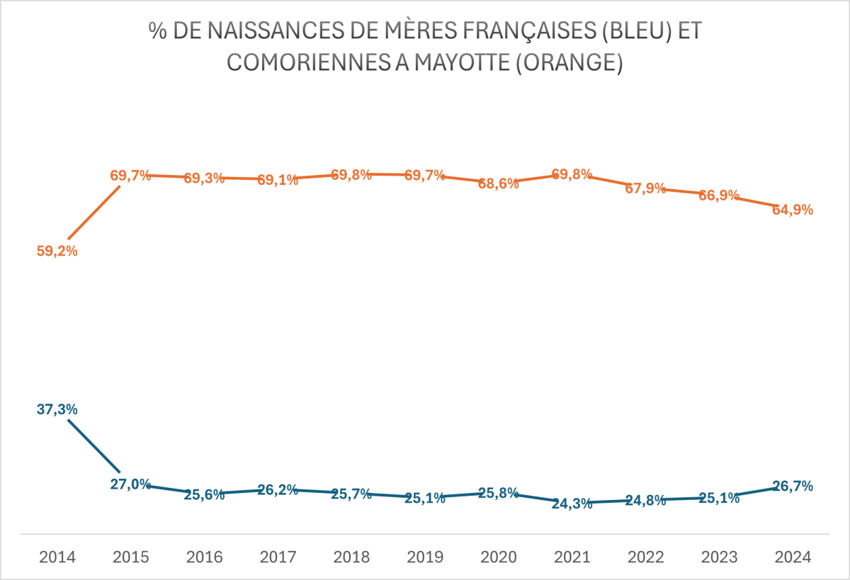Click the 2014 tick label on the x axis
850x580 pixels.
point(57,557)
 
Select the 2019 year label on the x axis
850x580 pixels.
point(425,557)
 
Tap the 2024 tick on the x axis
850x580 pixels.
point(793,557)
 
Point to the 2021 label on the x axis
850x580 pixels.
point(572,557)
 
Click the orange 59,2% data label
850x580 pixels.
point(57,251)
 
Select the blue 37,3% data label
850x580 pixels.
point(57,409)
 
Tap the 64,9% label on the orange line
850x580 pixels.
point(793,210)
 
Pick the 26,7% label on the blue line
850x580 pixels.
point(793,486)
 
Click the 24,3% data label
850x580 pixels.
point(572,504)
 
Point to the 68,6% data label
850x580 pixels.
point(499,183)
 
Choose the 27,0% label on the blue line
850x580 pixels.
point(131,484)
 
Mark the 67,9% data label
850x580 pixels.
point(646,188)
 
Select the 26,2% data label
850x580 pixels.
point(278,489)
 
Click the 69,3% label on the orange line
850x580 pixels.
point(205,178)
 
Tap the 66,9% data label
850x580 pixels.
point(720,195)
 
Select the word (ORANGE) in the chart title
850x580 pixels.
point(565,62)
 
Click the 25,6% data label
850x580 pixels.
point(205,495)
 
